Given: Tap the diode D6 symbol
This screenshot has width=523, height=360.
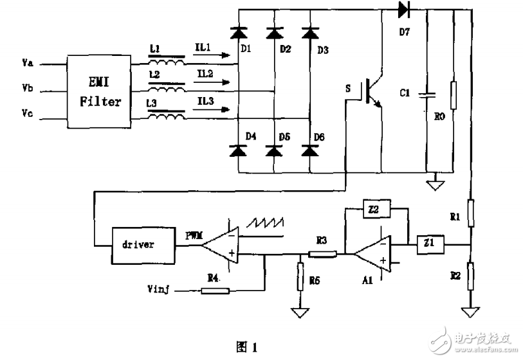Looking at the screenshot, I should coord(310,151).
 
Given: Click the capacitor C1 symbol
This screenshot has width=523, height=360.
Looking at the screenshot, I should coord(427,94).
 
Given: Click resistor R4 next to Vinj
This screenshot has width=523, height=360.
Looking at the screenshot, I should coord(216,291).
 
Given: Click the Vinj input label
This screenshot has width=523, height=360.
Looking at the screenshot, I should coord(158,291).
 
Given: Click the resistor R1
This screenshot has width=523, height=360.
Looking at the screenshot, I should coord(472,215).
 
